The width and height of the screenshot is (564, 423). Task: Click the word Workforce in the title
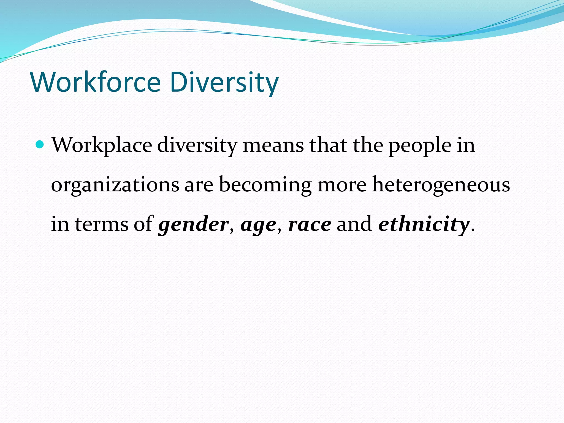click(x=96, y=82)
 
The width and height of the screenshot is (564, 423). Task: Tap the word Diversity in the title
click(x=224, y=82)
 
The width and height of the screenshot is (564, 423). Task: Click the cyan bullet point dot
click(x=40, y=144)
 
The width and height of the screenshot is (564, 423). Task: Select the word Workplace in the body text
click(x=102, y=145)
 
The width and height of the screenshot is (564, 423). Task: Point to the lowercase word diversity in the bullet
click(x=197, y=145)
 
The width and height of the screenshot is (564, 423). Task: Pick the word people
click(x=420, y=145)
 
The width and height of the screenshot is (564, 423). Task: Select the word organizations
click(x=115, y=185)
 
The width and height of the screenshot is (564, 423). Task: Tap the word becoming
click(x=265, y=185)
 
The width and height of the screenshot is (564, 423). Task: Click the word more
click(x=342, y=185)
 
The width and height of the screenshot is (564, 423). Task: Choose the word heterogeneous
click(x=441, y=185)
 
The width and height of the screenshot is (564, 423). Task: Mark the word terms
click(x=102, y=224)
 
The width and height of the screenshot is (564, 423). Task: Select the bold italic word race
click(x=310, y=224)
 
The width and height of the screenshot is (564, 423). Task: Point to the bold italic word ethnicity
click(x=424, y=224)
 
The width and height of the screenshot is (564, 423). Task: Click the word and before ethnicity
click(x=354, y=224)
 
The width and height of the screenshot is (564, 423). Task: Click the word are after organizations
click(x=199, y=185)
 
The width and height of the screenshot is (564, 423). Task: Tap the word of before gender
click(x=143, y=224)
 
